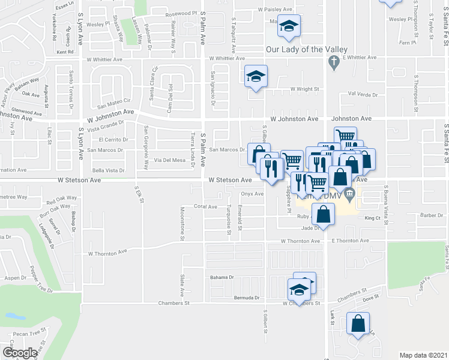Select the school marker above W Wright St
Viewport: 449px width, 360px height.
click(x=256, y=78)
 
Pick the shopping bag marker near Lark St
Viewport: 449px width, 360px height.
click(x=358, y=325)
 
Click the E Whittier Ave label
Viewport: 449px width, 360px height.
click(x=355, y=58)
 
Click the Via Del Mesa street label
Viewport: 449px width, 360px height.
click(x=170, y=160)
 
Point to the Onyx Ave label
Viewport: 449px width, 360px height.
click(x=252, y=194)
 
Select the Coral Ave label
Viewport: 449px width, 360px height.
click(x=205, y=206)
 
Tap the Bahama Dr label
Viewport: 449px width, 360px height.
click(x=221, y=277)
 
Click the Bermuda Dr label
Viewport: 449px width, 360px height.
click(x=247, y=298)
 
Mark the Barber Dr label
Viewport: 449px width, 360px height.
click(x=431, y=215)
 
